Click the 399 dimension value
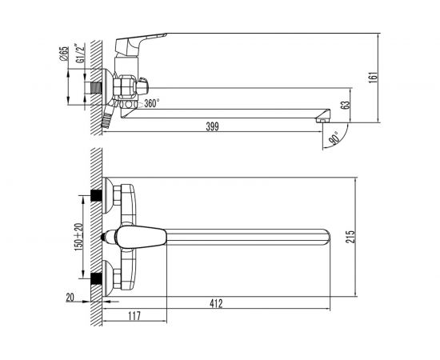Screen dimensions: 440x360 click(x=212, y=127)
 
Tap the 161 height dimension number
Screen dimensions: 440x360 click(x=374, y=78)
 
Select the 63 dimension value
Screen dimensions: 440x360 click(x=346, y=105)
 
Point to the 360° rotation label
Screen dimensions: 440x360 click(x=152, y=103)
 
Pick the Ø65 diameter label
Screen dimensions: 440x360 click(x=64, y=54)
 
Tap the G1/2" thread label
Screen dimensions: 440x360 click(x=79, y=54)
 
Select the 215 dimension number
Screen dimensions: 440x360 click(x=350, y=237)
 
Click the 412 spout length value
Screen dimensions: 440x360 click(x=216, y=303)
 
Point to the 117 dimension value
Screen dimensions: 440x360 click(x=134, y=316)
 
